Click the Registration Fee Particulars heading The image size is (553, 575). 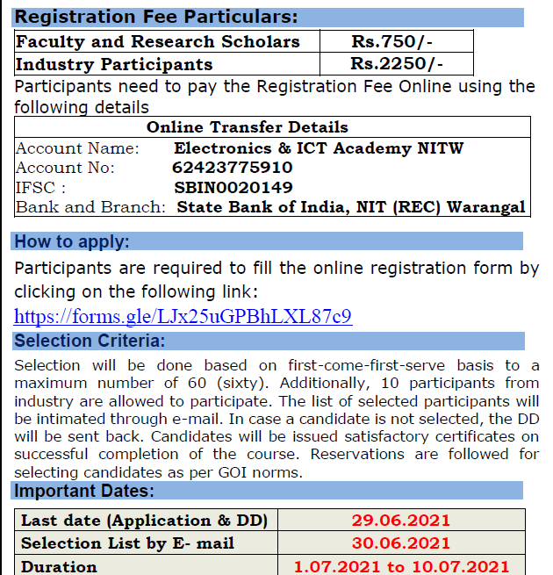pos(156,17)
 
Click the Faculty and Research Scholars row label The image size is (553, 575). pos(158,41)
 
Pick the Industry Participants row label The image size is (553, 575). pos(114,64)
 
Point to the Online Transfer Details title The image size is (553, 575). pos(248,127)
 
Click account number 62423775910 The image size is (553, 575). pos(233,168)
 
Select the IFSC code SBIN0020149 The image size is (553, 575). pos(233,187)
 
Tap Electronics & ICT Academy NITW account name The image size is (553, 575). pos(319,148)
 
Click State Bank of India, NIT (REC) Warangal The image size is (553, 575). pos(351,207)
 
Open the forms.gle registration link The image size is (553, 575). pos(183,316)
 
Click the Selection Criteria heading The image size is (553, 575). pos(90,341)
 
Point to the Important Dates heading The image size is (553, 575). pos(84,491)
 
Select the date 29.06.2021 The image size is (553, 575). pos(401,521)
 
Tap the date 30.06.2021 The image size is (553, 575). pos(401,543)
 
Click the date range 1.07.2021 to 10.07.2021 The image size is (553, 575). pos(401,566)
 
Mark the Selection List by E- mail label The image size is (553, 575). pos(127,543)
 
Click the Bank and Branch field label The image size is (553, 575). pos(90,207)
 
